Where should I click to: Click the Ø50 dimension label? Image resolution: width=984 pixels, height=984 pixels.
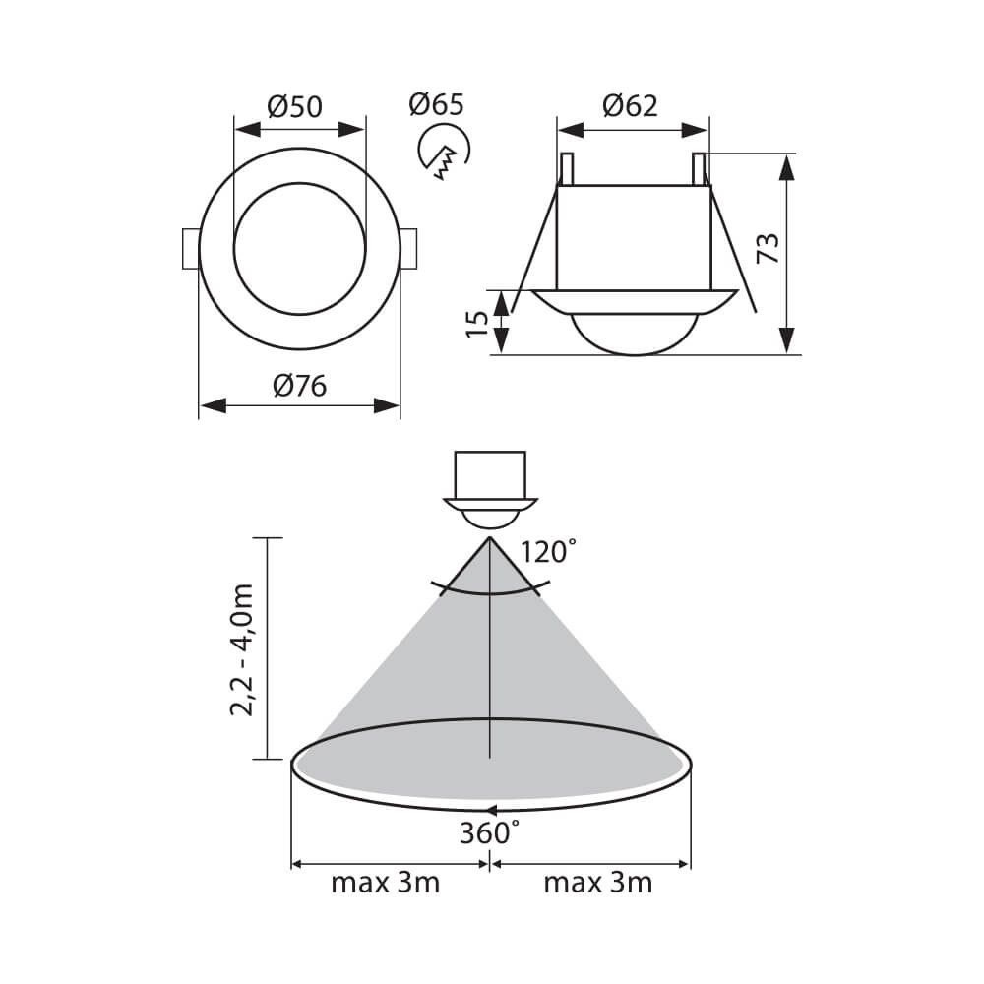[294, 106]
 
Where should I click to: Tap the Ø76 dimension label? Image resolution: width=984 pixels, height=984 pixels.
[299, 386]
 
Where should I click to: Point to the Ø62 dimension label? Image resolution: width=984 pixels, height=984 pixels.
[630, 105]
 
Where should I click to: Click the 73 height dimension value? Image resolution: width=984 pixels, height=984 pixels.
[768, 249]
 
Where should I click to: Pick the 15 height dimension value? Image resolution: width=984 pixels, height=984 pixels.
[478, 323]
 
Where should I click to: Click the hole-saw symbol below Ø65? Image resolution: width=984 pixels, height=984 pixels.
[445, 152]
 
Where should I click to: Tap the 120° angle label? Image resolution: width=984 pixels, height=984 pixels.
[548, 552]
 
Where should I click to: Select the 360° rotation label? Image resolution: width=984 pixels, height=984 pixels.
[489, 832]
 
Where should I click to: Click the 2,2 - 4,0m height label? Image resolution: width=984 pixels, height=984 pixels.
[242, 649]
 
